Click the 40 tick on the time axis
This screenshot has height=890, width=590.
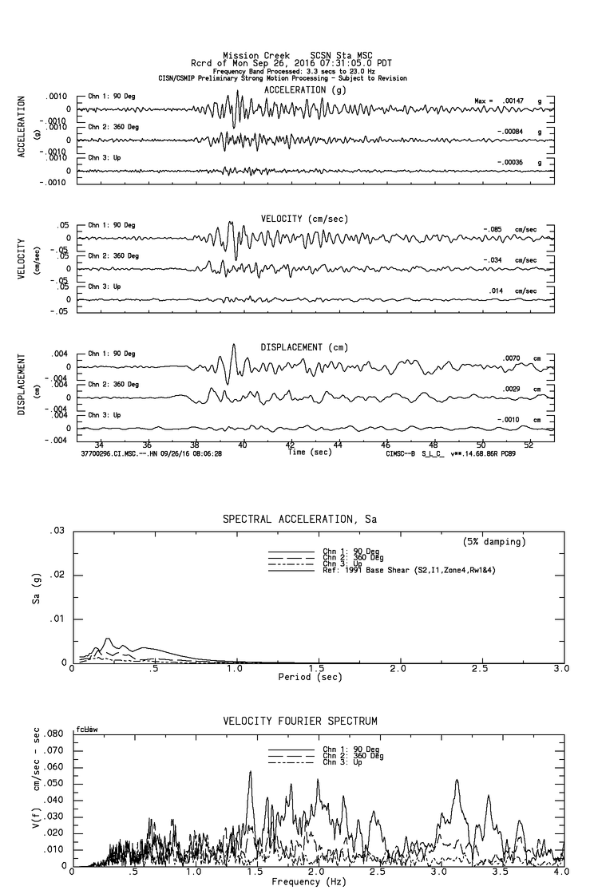click(243, 444)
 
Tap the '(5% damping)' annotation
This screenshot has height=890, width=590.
click(494, 542)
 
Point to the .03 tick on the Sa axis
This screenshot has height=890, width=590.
click(57, 531)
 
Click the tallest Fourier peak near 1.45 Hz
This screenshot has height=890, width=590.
click(250, 772)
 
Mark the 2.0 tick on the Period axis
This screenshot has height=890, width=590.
click(398, 669)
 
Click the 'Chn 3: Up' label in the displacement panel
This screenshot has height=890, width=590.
click(105, 415)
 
